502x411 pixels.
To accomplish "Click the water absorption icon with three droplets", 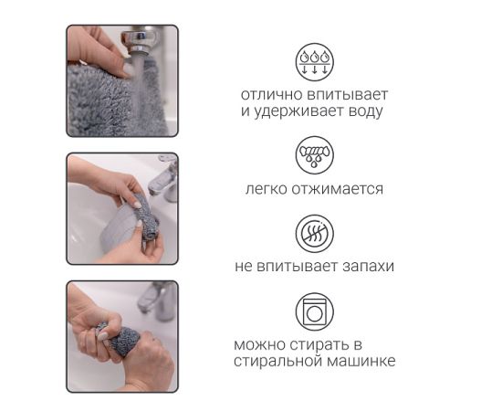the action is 314,62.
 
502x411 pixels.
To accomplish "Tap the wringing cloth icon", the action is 314,155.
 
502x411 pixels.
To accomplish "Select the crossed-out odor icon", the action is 314,234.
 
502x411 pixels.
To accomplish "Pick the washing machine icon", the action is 314,311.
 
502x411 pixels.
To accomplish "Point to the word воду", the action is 366,111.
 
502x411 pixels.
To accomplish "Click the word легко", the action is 267,189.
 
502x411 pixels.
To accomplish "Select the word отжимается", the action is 337,189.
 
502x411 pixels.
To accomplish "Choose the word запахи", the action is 368,267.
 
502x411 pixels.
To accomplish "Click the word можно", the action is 259,345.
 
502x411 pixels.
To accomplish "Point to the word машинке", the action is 361,361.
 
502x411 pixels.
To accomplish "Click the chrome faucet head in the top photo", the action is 140,40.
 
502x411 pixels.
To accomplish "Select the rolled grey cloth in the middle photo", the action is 145,218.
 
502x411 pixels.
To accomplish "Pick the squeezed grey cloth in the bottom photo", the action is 120,340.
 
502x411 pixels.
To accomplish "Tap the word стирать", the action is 319,345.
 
